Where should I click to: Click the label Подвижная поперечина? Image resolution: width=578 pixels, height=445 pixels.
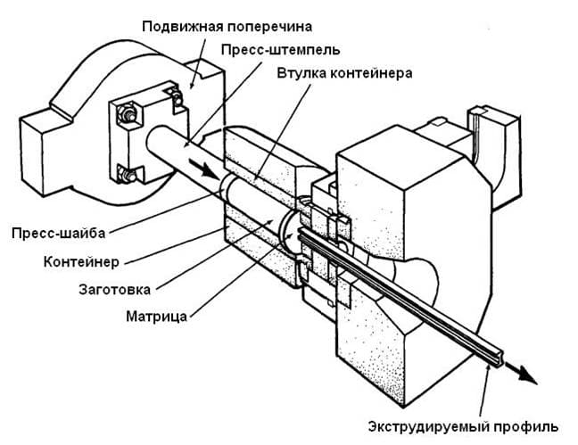click(227, 28)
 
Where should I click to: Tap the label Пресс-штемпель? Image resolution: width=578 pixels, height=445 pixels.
click(280, 49)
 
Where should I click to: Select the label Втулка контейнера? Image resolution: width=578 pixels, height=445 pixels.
click(344, 73)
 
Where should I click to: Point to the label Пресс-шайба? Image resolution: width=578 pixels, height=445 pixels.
click(58, 234)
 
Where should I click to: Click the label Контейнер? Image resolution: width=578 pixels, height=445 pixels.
click(81, 262)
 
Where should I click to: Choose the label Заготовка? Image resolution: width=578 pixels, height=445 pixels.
click(115, 290)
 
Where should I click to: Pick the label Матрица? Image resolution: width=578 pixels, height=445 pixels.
click(156, 317)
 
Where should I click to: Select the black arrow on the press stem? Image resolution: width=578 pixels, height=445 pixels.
click(204, 168)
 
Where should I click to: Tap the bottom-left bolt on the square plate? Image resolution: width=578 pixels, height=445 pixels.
click(127, 174)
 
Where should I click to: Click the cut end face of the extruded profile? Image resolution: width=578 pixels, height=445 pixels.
click(495, 356)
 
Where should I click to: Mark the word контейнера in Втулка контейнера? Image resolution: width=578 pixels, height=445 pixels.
click(371, 73)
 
